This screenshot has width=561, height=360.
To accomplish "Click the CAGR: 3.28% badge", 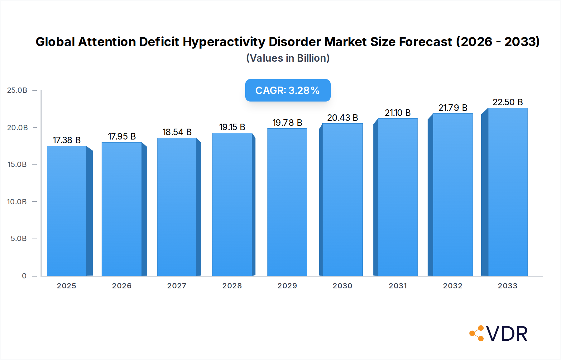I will click(288, 90).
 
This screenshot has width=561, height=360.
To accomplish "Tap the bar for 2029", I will click(287, 202).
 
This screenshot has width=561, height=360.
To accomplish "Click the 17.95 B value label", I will click(122, 136).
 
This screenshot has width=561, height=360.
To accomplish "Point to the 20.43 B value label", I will click(343, 118).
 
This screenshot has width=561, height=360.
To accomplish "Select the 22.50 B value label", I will click(507, 102).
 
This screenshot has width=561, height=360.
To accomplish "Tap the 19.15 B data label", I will click(232, 127).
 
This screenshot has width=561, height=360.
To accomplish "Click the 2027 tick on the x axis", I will click(177, 286).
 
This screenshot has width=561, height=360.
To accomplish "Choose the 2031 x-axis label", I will click(398, 286).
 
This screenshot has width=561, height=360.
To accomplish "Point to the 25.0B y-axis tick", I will click(17, 90).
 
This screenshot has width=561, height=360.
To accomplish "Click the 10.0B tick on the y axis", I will click(17, 202).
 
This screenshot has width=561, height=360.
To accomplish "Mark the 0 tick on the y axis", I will click(24, 276).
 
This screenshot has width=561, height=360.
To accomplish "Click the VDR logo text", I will click(507, 334).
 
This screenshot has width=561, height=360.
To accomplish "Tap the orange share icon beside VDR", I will click(477, 333).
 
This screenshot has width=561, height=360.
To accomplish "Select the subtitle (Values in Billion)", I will click(288, 58).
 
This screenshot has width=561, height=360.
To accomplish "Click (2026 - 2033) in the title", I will click(498, 42).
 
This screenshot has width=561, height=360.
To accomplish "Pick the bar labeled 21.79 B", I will click(453, 195).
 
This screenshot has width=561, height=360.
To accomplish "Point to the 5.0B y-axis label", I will click(19, 239).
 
